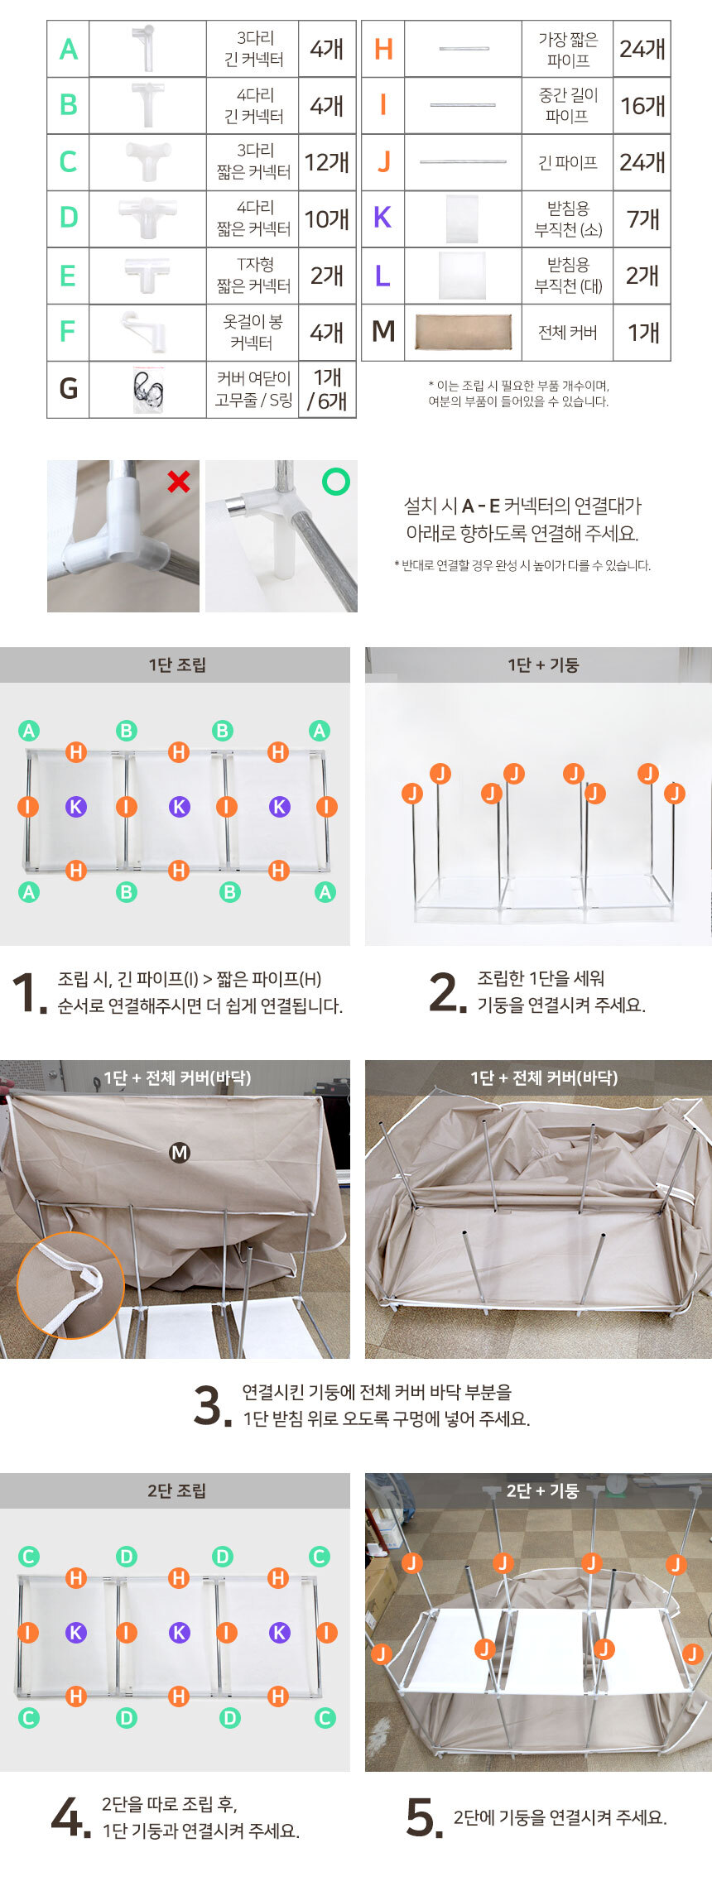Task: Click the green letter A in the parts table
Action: pos(69,50)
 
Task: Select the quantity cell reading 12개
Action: pos(327,162)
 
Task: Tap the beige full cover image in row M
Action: pos(463,332)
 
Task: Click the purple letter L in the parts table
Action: pos(382,276)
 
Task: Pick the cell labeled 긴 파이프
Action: pos(567,162)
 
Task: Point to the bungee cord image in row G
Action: pos(147,390)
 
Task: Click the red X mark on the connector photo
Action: pos(179,481)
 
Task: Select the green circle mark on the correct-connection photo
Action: pos(335,481)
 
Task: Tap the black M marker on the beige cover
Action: pos(179,1152)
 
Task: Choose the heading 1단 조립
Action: pos(177,665)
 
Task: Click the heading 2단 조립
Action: pos(177,1490)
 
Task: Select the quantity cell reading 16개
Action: pos(642,106)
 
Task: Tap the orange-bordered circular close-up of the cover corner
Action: pos(70,1285)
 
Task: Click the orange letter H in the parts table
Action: pos(383,49)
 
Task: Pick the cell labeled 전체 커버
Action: pos(567,333)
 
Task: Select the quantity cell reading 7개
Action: pos(642,219)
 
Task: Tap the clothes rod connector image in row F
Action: pos(145,332)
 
